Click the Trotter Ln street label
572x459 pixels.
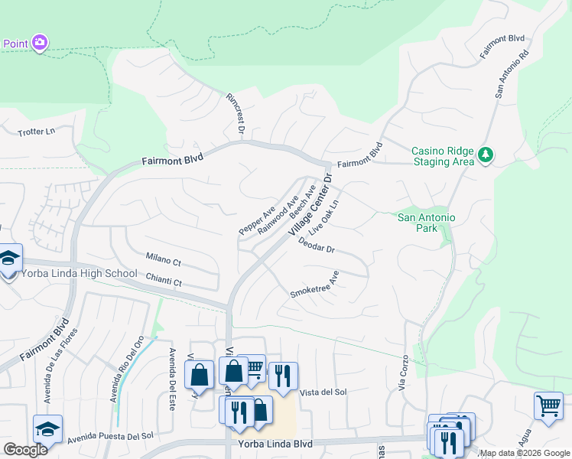[x=37, y=132]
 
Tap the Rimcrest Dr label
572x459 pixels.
[x=234, y=116]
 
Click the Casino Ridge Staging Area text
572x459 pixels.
[x=443, y=156]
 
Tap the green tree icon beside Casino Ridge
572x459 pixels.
[x=485, y=155]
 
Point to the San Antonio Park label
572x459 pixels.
[x=426, y=223]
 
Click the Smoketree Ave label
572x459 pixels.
[x=314, y=284]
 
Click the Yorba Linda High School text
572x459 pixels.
[x=79, y=274]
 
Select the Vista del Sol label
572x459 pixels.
[x=323, y=392]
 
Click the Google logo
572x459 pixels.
[x=24, y=450]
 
